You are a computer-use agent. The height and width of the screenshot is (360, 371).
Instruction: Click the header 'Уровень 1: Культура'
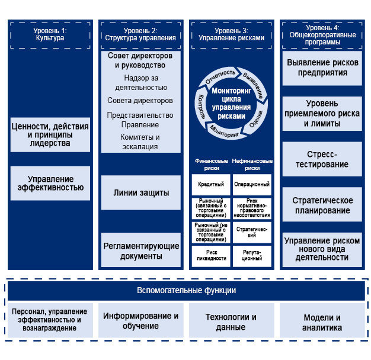tap(50, 34)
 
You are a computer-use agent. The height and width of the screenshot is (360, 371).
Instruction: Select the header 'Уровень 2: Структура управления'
tap(140, 34)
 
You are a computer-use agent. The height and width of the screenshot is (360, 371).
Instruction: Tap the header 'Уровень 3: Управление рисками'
tap(231, 34)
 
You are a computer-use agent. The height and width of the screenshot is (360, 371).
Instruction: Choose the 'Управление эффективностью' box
tap(50, 183)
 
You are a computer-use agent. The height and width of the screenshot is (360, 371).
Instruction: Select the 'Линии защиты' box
tap(141, 193)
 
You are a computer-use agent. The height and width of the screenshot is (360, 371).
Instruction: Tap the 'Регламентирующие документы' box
tap(141, 251)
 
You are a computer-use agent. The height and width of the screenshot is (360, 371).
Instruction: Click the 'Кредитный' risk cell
tap(211, 185)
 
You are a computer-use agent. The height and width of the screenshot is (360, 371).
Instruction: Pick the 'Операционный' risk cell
tap(252, 185)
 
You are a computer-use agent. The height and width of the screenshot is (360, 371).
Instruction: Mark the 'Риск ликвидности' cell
tap(211, 256)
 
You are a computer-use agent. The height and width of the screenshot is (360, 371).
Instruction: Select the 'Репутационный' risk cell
tap(252, 256)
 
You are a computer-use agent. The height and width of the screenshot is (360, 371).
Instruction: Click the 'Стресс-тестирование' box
tap(322, 159)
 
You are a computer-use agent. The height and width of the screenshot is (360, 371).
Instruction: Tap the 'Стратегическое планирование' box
tap(322, 205)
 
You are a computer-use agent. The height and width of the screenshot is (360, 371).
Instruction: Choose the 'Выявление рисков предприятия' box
tap(322, 67)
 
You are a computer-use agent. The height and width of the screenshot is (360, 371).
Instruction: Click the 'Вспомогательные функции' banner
tap(185, 290)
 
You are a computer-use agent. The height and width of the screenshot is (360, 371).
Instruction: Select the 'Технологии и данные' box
tap(231, 322)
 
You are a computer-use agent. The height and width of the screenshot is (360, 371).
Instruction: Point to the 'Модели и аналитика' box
tap(322, 322)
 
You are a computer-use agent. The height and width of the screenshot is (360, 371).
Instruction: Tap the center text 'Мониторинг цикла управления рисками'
tap(231, 104)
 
